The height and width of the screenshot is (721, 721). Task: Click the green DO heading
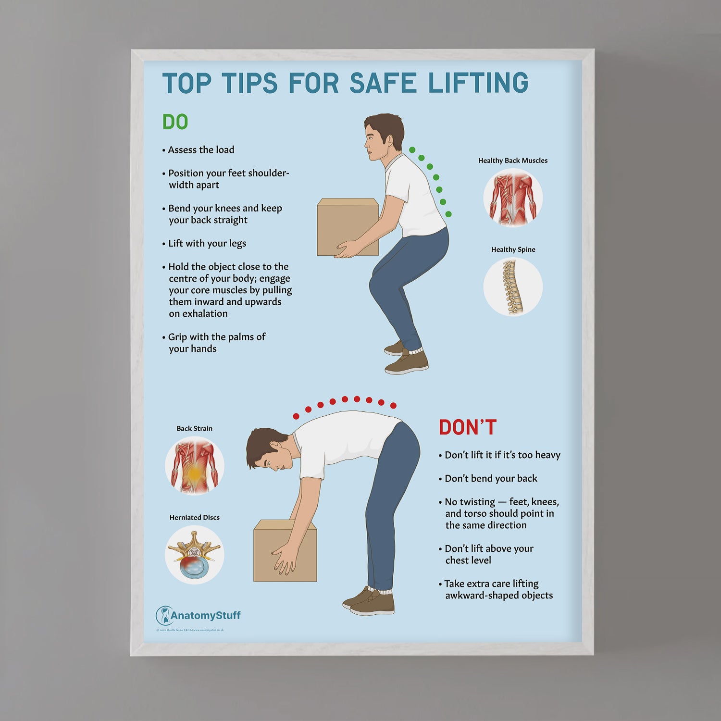[175, 122]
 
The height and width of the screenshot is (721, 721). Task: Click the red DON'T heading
[467, 427]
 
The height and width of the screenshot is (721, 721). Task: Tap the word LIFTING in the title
[478, 83]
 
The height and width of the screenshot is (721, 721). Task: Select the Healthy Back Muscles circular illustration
[513, 198]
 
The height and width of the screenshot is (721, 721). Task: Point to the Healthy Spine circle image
[513, 287]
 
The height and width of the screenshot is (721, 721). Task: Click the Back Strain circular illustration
[194, 466]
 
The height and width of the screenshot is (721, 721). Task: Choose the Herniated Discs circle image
[194, 555]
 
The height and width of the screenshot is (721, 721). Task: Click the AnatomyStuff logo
[198, 615]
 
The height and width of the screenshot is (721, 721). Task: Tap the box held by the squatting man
[347, 226]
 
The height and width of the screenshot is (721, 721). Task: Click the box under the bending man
[285, 550]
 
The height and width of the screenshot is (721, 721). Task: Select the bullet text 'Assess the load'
[201, 150]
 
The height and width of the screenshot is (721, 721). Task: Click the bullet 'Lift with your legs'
[207, 243]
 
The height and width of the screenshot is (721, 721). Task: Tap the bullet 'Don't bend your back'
[490, 478]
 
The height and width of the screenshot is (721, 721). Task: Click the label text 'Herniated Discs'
[194, 517]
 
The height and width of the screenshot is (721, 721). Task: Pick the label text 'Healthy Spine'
[513, 249]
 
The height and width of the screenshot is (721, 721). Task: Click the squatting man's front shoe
[407, 364]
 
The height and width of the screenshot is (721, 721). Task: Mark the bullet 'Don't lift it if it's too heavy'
[502, 455]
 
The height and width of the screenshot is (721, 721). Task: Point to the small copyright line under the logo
[190, 630]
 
